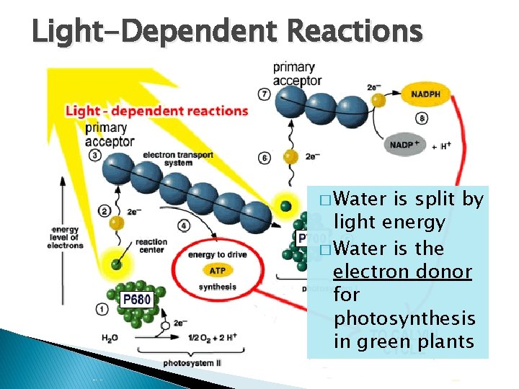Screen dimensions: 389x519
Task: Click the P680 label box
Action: pos(136,298)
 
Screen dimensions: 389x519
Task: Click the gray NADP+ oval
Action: pos(407,145)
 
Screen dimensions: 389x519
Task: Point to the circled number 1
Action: pos(103,310)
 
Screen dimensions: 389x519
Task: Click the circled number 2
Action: pos(105,211)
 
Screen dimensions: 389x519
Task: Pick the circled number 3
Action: pos(95,155)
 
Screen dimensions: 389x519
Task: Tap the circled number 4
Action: pos(185,226)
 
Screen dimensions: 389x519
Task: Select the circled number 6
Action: pos(265,158)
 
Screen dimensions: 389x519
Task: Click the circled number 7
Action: pos(265,94)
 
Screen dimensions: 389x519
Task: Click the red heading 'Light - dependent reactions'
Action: pos(156,111)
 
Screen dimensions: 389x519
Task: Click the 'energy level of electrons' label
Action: pos(66,237)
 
